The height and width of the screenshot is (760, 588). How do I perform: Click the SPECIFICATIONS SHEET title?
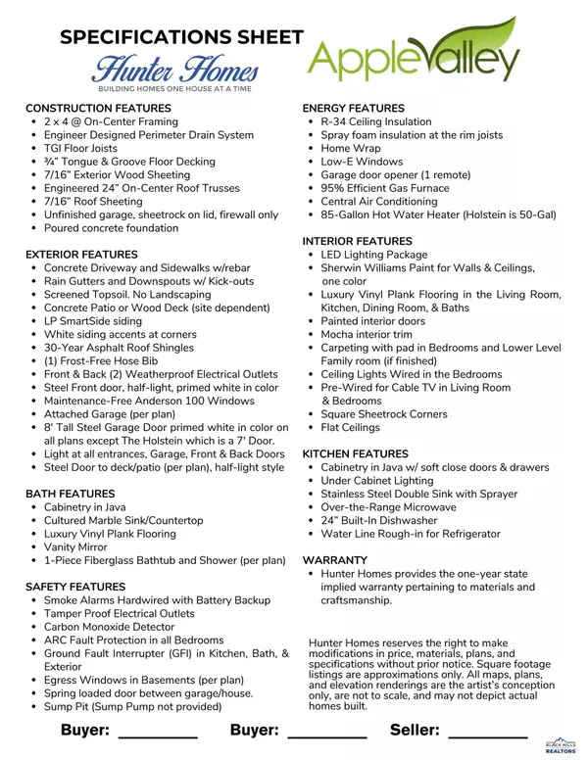(x=181, y=37)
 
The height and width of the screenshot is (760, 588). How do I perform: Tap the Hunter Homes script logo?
(x=175, y=71)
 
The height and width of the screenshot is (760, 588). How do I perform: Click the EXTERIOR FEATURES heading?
(x=81, y=254)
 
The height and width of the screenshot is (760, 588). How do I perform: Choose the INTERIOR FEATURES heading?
(x=358, y=241)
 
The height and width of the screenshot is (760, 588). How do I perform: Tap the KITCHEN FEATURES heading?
(x=356, y=454)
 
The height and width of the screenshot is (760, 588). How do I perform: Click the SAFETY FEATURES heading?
(x=75, y=586)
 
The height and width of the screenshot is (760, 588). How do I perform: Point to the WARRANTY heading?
(x=335, y=560)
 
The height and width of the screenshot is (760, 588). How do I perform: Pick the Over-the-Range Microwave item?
(x=388, y=507)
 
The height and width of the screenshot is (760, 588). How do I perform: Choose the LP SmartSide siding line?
(x=93, y=320)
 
